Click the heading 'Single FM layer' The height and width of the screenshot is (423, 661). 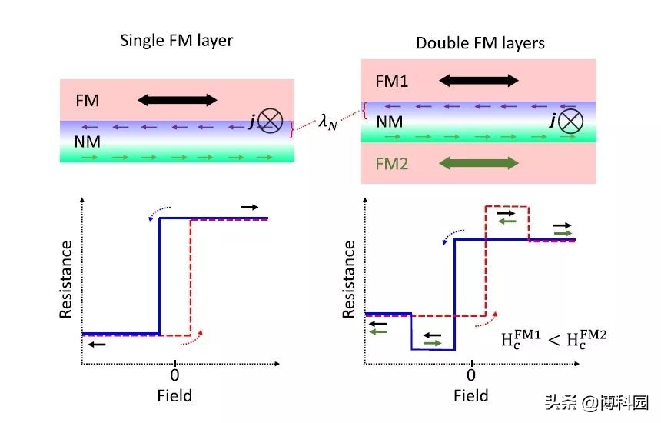(x=176, y=41)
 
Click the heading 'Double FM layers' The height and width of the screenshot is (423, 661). (x=480, y=42)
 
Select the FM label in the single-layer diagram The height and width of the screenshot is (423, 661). (x=87, y=100)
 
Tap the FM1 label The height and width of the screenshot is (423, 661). (x=392, y=81)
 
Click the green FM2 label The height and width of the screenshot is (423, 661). (x=392, y=163)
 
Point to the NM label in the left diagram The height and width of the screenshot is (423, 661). (x=88, y=142)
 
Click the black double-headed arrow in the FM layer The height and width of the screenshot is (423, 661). (x=178, y=99)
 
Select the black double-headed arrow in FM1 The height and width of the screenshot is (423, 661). (x=479, y=80)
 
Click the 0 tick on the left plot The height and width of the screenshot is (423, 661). (x=174, y=375)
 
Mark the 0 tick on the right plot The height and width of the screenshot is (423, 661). (x=470, y=375)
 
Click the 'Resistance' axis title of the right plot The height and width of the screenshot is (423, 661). (x=349, y=278)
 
